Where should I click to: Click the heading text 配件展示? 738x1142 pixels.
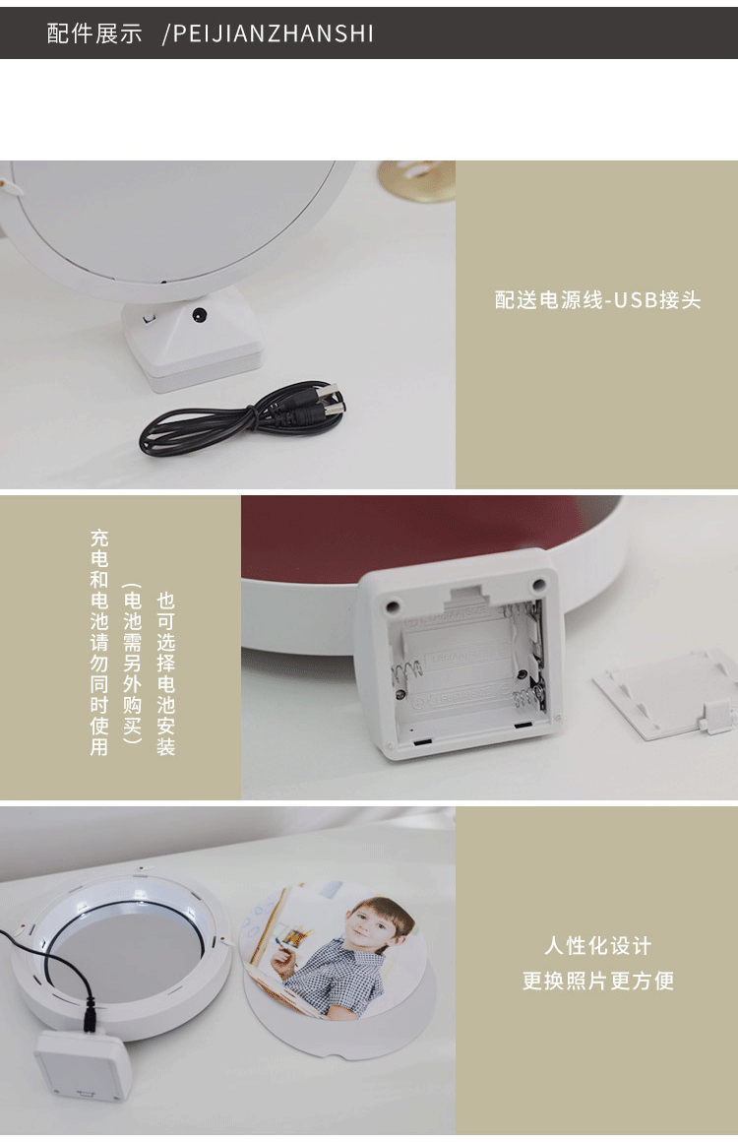click(x=94, y=33)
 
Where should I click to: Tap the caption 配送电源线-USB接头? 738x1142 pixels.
click(x=597, y=300)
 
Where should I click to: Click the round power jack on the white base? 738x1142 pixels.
click(x=198, y=315)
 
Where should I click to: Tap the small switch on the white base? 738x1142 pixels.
click(x=149, y=318)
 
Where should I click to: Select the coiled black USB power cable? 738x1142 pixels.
click(x=243, y=420)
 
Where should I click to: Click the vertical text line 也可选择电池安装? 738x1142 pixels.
click(x=166, y=673)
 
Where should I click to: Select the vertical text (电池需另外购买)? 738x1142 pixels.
click(x=132, y=662)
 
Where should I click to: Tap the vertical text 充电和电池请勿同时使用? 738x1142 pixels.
click(x=99, y=642)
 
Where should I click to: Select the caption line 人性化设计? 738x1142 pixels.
click(x=597, y=945)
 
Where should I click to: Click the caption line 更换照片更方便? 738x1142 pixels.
click(x=597, y=981)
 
